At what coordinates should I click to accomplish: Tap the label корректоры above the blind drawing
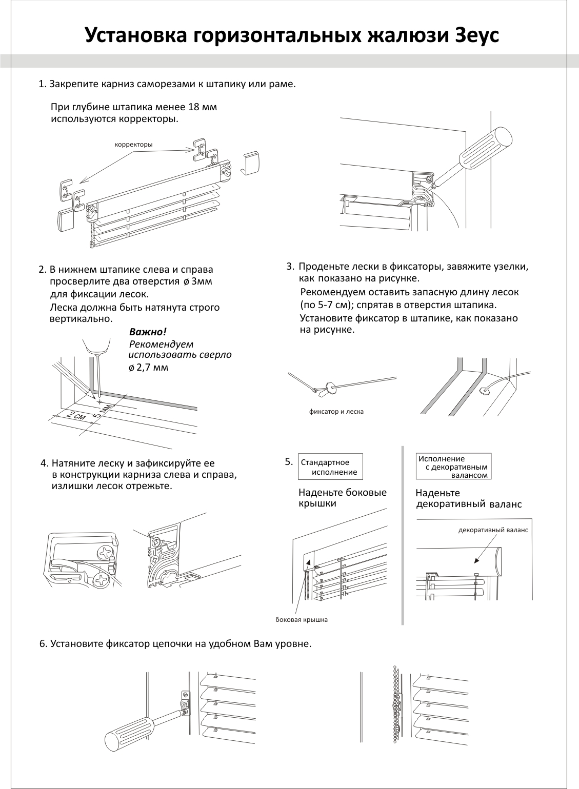click(133, 145)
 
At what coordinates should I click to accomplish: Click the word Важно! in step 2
click(148, 332)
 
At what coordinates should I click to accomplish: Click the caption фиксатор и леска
click(336, 411)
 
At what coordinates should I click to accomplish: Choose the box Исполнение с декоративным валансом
click(453, 467)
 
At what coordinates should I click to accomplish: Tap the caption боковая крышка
click(302, 620)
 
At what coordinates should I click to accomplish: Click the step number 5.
click(288, 461)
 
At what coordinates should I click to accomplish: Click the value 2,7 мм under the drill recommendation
click(152, 368)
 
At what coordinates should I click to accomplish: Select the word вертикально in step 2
click(80, 318)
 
